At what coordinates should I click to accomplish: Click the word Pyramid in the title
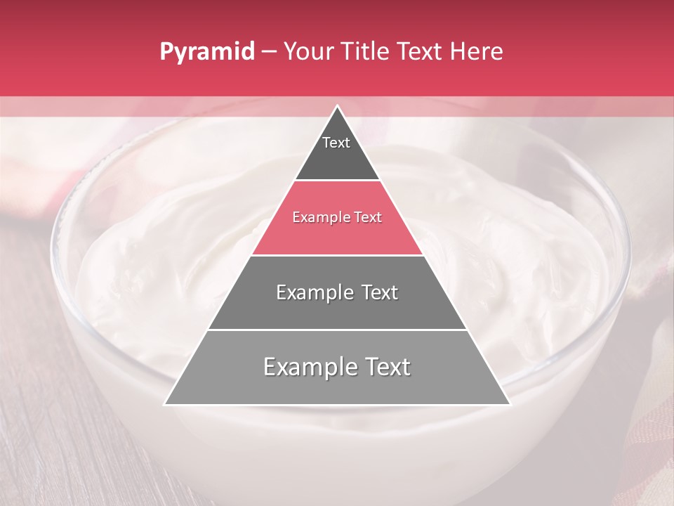click(x=207, y=51)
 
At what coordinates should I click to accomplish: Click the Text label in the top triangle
click(x=336, y=143)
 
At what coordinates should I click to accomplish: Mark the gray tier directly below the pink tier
click(x=337, y=309)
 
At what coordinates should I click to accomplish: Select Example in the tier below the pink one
click(x=313, y=292)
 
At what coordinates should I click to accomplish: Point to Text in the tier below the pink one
click(x=380, y=292)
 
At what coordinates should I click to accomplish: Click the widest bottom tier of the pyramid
click(x=337, y=387)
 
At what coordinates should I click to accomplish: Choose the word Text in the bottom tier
click(x=386, y=367)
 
